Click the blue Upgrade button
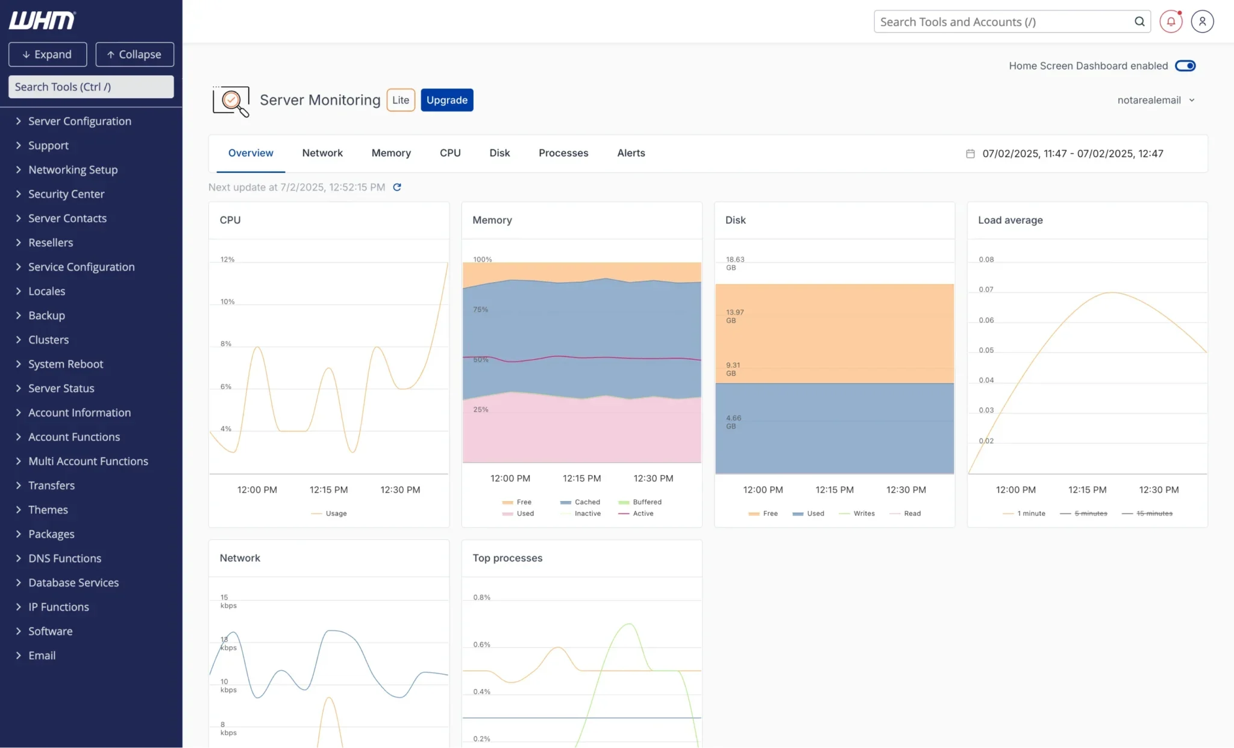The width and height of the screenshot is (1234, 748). coord(446,100)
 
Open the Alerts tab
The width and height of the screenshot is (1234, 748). coord(630,153)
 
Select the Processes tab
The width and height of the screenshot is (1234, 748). coord(563,153)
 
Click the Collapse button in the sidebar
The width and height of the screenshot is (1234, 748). coord(134,54)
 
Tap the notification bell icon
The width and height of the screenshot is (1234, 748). coord(1170,22)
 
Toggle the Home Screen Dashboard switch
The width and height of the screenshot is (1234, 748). coord(1185,66)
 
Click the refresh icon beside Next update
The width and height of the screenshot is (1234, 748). coord(396,187)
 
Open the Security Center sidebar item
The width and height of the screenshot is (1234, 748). coord(66,194)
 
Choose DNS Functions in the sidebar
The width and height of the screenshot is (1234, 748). coord(64,558)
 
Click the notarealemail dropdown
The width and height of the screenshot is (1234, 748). coord(1155,100)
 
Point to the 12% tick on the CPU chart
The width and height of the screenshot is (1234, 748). coord(227,260)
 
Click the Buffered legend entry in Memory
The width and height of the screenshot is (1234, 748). coord(646,502)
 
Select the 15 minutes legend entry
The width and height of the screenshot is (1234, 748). coord(1153,514)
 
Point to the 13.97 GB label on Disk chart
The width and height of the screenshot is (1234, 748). coord(734,316)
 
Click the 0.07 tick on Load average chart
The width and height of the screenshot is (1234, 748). coord(986,290)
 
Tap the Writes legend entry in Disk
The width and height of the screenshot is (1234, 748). coord(863,514)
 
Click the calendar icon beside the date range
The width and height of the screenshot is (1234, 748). coord(970,154)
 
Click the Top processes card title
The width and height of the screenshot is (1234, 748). coord(507,558)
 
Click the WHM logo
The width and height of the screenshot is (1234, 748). coord(42,20)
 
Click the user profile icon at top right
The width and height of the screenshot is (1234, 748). coord(1201,22)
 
